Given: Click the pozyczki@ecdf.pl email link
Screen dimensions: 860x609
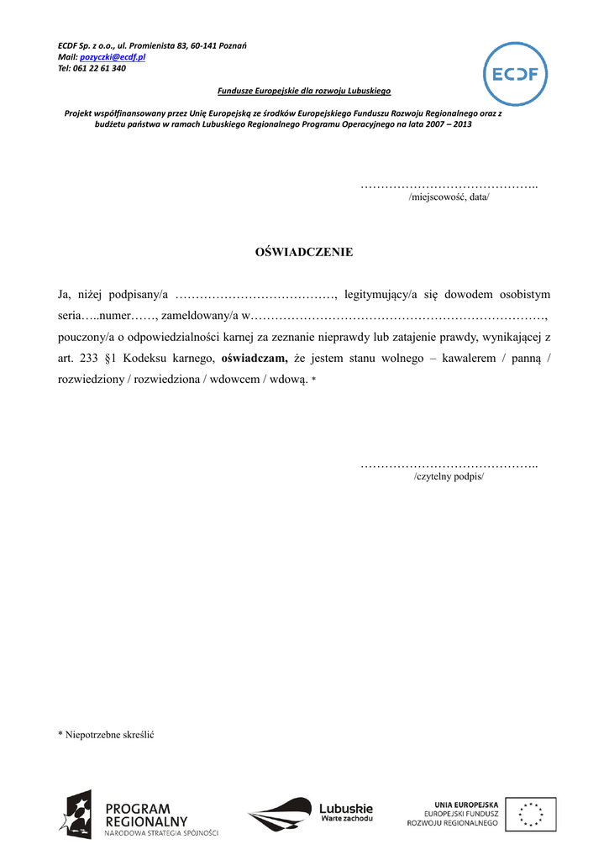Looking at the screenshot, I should (113, 56).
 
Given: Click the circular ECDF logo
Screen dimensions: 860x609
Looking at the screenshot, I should (517, 74).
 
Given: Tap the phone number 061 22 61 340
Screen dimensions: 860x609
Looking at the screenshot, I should (99, 68).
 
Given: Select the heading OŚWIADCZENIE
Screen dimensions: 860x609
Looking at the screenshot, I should (304, 251).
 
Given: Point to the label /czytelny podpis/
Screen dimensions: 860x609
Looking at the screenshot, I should (449, 476).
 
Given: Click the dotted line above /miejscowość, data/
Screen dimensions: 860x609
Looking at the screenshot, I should (449, 185).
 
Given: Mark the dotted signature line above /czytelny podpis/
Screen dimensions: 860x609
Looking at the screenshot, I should (449, 464).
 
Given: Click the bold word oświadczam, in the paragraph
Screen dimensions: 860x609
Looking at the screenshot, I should (255, 359).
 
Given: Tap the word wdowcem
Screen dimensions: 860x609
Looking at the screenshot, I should (239, 380).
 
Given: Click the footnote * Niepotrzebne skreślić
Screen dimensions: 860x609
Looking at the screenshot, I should (106, 734).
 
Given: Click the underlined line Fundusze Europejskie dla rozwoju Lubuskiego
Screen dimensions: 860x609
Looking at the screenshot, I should (304, 91).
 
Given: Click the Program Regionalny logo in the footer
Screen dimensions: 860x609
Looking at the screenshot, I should (139, 815).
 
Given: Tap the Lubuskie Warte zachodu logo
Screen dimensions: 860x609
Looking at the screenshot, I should (311, 813).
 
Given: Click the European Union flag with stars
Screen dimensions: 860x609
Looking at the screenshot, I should (530, 814).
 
